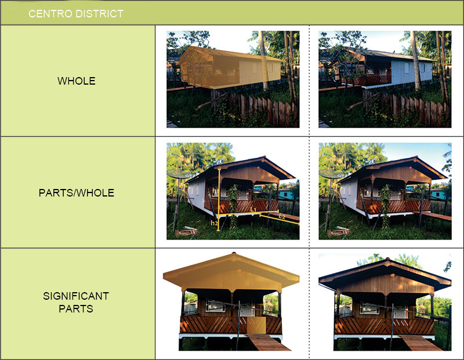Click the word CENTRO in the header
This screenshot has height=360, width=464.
click(x=50, y=13)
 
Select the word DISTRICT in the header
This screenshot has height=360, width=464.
click(x=99, y=13)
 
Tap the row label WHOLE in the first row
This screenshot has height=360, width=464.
click(x=77, y=81)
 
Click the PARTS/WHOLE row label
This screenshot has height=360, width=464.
click(x=77, y=193)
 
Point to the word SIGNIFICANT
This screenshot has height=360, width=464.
click(x=76, y=296)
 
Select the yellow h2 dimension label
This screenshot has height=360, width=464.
click(x=214, y=223)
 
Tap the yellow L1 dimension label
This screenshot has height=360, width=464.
click(x=253, y=209)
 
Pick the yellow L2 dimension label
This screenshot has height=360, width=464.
click(x=282, y=216)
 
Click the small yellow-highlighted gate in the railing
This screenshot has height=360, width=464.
click(x=256, y=325)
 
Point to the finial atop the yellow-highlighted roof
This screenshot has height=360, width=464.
click(x=234, y=253)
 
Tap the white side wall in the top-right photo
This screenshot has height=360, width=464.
click(x=412, y=72)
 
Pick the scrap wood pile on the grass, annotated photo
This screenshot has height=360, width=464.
click(x=186, y=232)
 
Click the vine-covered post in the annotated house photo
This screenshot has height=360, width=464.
click(x=234, y=206)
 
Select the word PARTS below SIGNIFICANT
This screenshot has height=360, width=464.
click(x=76, y=309)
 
